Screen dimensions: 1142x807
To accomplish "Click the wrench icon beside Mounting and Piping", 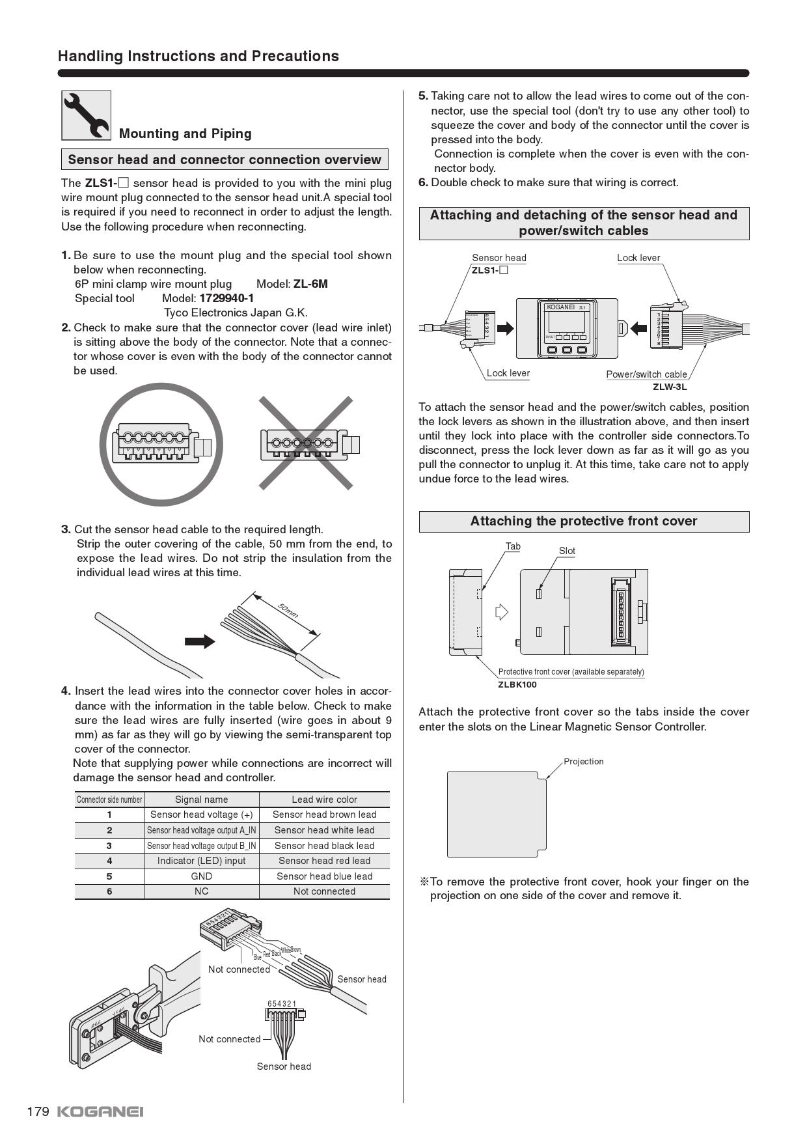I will [86, 115].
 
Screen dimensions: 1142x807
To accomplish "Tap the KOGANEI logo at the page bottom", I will [100, 1111].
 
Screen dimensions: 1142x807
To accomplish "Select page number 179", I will [38, 1111].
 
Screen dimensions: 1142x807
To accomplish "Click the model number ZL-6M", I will [310, 284].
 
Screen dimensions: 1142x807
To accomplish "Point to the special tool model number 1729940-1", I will [226, 298].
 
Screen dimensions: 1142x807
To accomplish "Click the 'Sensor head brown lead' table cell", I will [324, 815].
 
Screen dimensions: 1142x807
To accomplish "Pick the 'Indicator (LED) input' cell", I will [201, 861].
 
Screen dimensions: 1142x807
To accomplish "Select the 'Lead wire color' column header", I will [324, 800].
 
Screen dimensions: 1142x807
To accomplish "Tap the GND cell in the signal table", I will [201, 876].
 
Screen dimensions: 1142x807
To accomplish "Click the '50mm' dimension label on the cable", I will [288, 611].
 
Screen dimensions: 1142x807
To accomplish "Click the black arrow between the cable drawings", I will [200, 641].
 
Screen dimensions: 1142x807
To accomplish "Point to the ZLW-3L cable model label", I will [670, 387].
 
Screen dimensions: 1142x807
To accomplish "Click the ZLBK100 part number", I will [517, 684].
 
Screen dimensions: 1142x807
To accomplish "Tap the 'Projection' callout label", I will [583, 762].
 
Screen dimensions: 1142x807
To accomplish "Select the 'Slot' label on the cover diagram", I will [567, 551].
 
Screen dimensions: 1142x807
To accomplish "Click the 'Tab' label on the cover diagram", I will [513, 547].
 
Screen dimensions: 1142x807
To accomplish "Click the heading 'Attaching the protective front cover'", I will [583, 522].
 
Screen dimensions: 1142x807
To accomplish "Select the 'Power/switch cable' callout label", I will [646, 374].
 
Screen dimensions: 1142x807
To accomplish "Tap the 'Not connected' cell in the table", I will [324, 891].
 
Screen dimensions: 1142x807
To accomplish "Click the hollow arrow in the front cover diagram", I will [501, 612].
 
